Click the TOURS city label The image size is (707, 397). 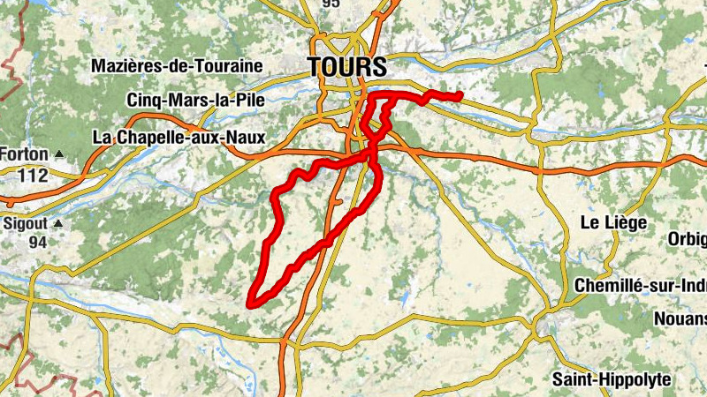point(347,67)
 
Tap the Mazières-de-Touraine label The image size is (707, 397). point(177,66)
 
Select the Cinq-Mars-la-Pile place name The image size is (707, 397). point(195,100)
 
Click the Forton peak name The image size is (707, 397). point(24,154)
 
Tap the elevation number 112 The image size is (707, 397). point(32,175)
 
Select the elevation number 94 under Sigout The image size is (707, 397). point(37,243)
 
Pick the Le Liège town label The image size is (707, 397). point(613,222)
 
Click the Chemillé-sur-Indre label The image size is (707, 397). point(640,286)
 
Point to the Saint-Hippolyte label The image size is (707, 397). point(612,379)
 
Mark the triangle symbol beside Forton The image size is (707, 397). point(59,154)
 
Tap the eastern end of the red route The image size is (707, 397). point(460,95)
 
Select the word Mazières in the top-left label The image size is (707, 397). point(123,66)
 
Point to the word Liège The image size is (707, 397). point(625,222)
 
